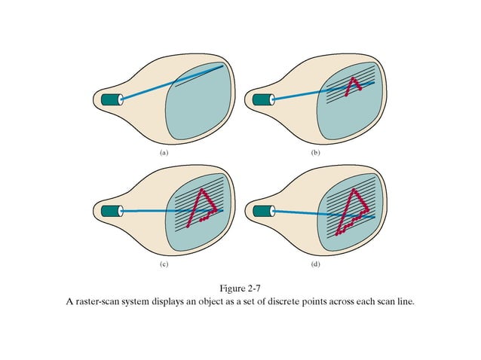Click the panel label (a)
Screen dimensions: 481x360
point(164,152)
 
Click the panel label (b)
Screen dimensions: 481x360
point(315,152)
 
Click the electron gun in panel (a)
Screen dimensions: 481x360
point(112,99)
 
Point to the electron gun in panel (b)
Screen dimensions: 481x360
point(263,99)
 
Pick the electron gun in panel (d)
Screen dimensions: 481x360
point(263,211)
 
